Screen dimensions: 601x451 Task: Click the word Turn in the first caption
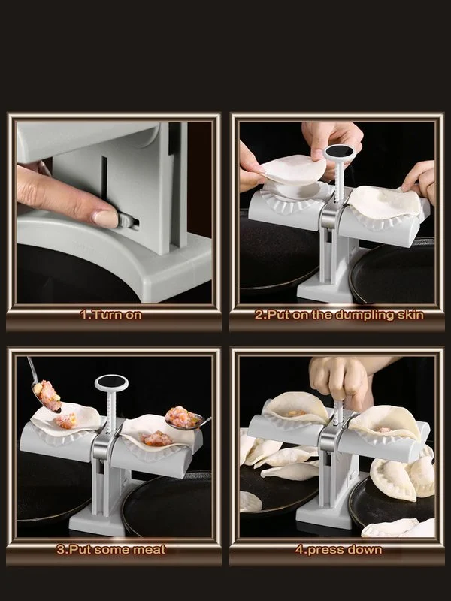104,315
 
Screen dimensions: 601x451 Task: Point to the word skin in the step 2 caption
406,315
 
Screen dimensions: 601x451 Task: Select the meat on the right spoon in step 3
180,415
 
